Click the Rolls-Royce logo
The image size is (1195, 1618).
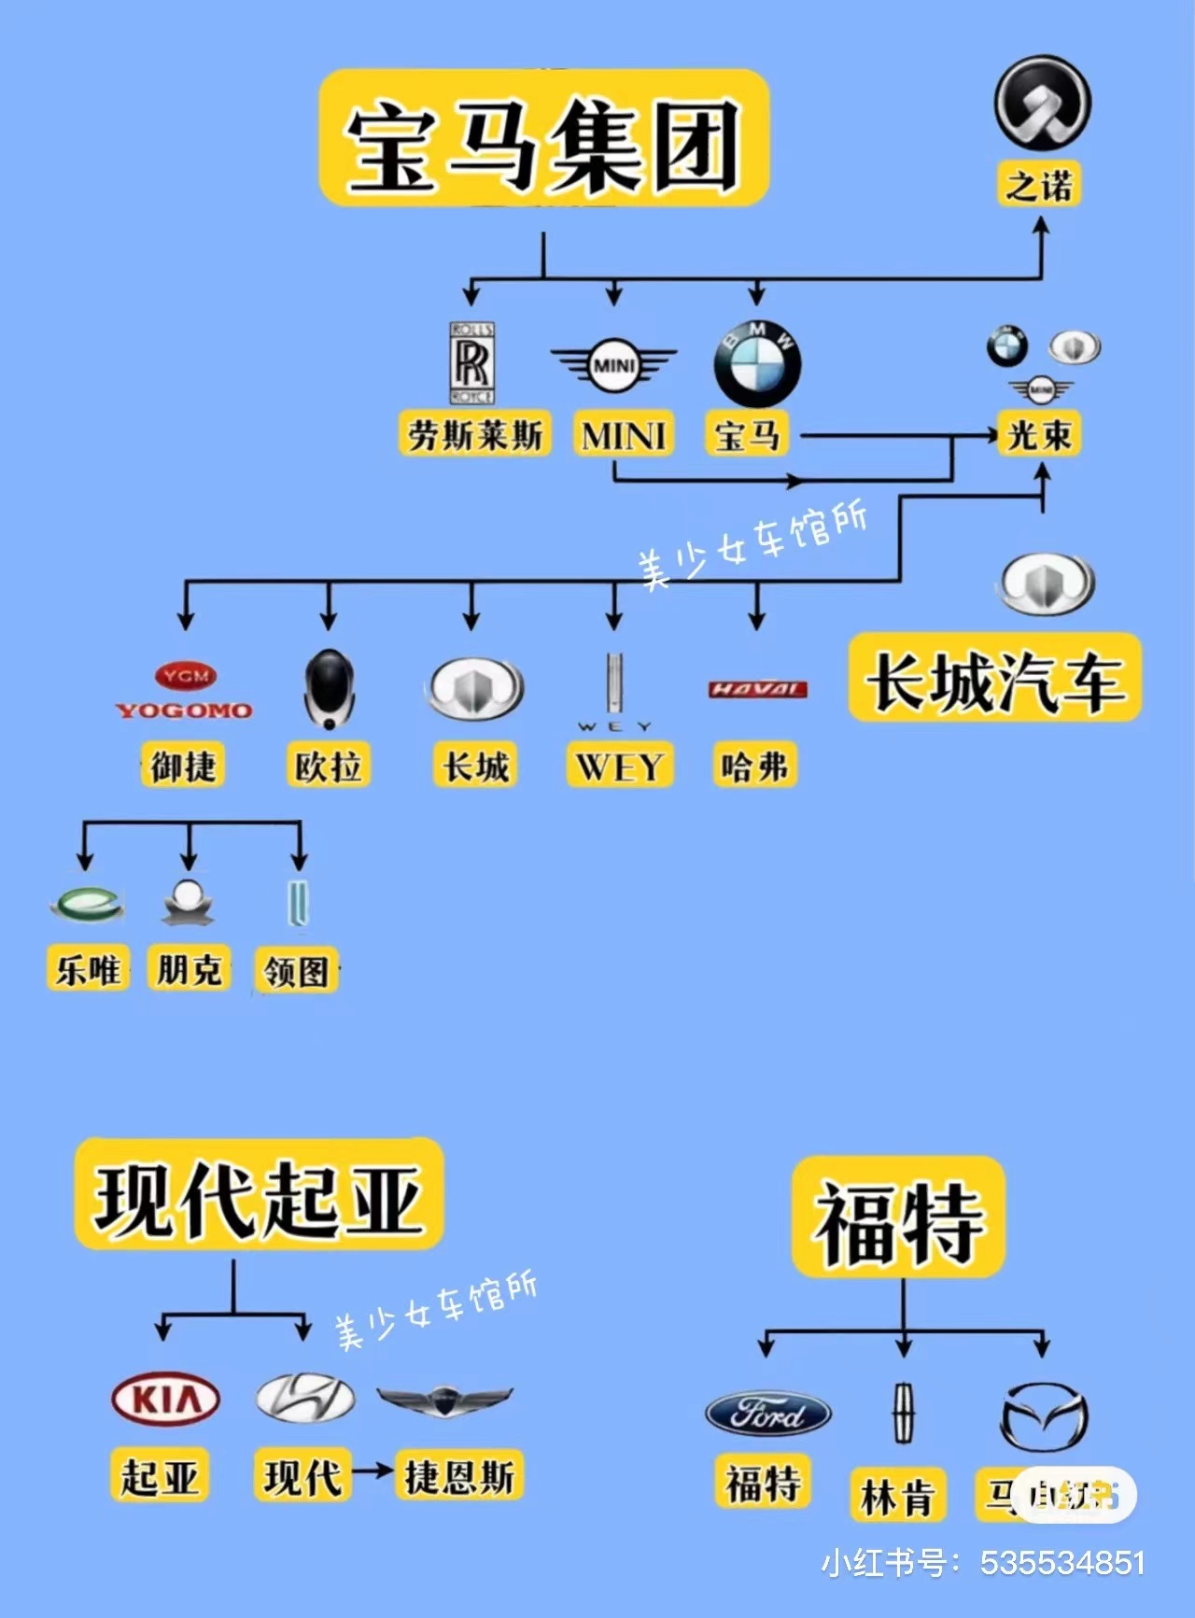pyautogui.click(x=472, y=363)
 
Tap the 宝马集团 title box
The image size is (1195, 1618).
pyautogui.click(x=543, y=138)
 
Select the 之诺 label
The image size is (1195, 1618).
pyautogui.click(x=1039, y=184)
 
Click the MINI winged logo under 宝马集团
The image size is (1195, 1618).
pyautogui.click(x=613, y=365)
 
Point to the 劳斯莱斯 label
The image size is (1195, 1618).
pyautogui.click(x=475, y=434)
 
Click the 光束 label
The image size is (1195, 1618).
pyautogui.click(x=1039, y=434)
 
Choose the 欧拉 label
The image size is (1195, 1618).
pyautogui.click(x=328, y=766)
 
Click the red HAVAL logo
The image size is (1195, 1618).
pyautogui.click(x=757, y=689)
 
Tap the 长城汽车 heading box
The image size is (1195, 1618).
pyautogui.click(x=994, y=679)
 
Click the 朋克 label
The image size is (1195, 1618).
pyautogui.click(x=189, y=969)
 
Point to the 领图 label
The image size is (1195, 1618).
pyautogui.click(x=296, y=972)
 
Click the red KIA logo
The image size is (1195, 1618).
pyautogui.click(x=165, y=1400)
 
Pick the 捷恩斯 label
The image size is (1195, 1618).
pyautogui.click(x=458, y=1476)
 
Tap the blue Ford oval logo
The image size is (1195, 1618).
pyautogui.click(x=767, y=1414)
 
